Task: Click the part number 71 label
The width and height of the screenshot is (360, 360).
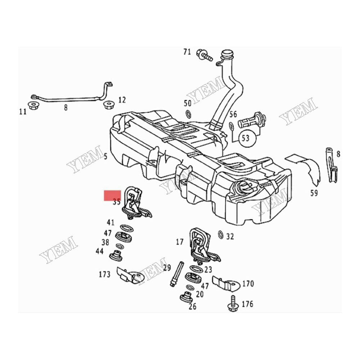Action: (x=187, y=52)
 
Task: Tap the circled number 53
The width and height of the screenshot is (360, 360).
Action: (x=246, y=138)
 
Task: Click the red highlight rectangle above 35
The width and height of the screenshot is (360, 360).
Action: (x=112, y=195)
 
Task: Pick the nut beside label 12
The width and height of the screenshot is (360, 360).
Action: (x=108, y=105)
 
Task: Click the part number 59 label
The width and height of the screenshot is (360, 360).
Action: (x=314, y=194)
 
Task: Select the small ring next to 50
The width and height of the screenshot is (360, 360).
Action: (x=188, y=114)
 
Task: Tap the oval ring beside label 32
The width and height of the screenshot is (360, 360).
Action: (x=220, y=235)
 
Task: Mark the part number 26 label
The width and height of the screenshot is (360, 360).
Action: (x=193, y=306)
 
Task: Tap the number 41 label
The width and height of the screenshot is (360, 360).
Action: (x=111, y=222)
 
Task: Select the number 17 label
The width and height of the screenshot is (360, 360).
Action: (x=180, y=242)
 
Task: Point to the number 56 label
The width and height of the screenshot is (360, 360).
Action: (x=233, y=114)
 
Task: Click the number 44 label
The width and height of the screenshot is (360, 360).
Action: (x=100, y=251)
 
